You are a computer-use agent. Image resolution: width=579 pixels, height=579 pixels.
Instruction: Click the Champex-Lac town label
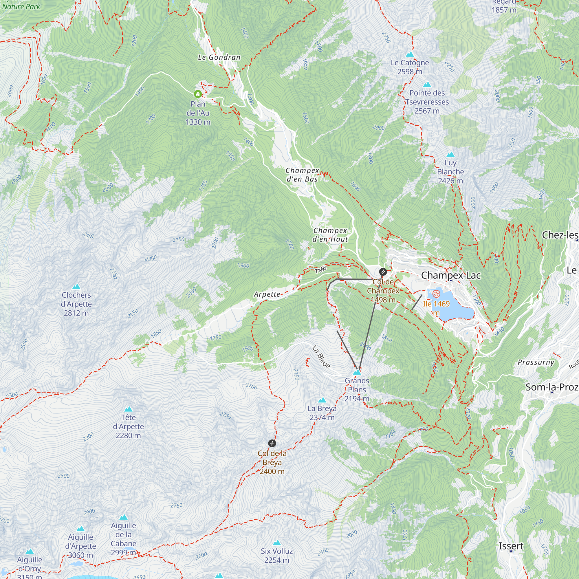pyautogui.click(x=451, y=275)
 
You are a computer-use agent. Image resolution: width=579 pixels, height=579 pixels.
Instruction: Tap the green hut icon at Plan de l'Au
pyautogui.click(x=198, y=94)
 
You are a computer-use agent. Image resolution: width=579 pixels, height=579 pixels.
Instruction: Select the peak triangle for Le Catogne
pyautogui.click(x=410, y=54)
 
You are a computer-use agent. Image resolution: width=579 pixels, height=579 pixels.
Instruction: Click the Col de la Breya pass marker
pyautogui.click(x=272, y=443)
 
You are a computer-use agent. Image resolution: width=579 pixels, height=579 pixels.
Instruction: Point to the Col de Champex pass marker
pyautogui.click(x=383, y=272)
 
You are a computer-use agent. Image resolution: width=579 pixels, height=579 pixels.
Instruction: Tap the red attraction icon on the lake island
pyautogui.click(x=436, y=294)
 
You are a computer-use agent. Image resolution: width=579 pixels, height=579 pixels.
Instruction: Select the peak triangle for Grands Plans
pyautogui.click(x=357, y=372)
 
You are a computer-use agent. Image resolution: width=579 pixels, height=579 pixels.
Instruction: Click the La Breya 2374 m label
pyautogui.click(x=322, y=413)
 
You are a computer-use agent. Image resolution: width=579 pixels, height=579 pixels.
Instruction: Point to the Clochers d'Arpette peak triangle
pyautogui.click(x=76, y=287)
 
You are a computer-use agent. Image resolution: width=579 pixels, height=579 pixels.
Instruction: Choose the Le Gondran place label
pyautogui.click(x=219, y=57)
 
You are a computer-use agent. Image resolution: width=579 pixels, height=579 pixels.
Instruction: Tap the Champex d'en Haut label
pyautogui.click(x=330, y=235)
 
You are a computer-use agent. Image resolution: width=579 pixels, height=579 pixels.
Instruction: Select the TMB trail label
pyautogui.click(x=320, y=270)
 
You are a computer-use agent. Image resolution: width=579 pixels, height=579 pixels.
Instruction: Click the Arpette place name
pyautogui.click(x=267, y=294)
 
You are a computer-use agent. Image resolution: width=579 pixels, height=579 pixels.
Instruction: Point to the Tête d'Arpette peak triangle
pyautogui.click(x=128, y=409)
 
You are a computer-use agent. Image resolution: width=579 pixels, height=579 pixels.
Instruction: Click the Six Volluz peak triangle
pyautogui.click(x=276, y=543)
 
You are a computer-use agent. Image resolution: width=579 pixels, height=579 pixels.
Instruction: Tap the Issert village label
pyautogui.click(x=511, y=546)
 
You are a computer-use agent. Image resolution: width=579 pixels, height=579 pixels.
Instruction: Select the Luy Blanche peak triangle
pyautogui.click(x=450, y=155)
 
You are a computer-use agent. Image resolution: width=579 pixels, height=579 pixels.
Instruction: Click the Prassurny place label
pyautogui.click(x=536, y=362)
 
